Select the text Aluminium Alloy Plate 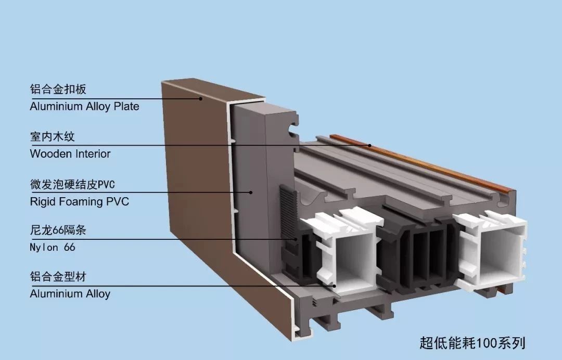point(84,107)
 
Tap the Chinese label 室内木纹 point(53,137)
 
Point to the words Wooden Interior point(70,154)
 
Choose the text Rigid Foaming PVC point(79,201)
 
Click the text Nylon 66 point(53,247)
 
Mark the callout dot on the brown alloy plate point(200,99)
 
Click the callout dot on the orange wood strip point(370,146)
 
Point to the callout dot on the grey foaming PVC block point(251,192)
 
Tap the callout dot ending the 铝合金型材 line point(335,286)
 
